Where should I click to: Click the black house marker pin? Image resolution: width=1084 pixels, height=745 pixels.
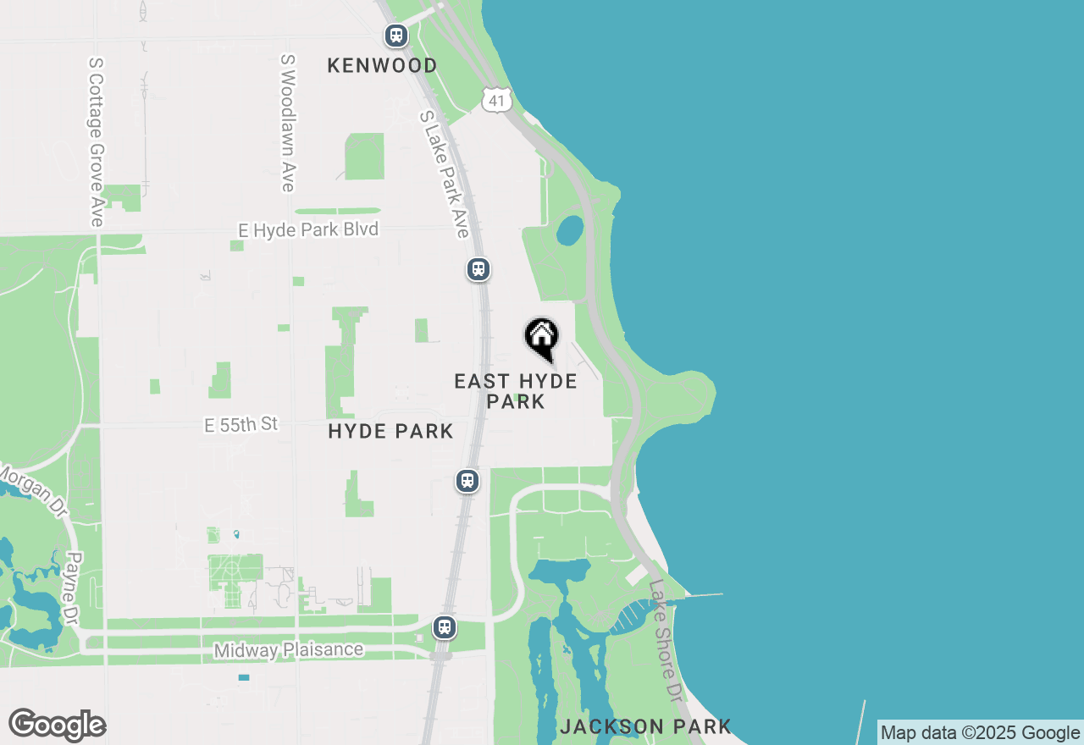pyautogui.click(x=542, y=339)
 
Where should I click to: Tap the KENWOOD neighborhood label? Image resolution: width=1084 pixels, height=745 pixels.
pyautogui.click(x=383, y=66)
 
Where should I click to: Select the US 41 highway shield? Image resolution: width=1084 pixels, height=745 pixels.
pyautogui.click(x=497, y=100)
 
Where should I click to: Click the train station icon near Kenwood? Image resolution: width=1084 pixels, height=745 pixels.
pyautogui.click(x=396, y=36)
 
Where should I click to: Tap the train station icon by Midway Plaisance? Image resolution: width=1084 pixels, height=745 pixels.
pyautogui.click(x=445, y=627)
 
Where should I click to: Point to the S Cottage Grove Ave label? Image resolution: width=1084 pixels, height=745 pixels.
pyautogui.click(x=96, y=141)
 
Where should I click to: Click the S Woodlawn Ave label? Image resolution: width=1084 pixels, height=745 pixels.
pyautogui.click(x=288, y=124)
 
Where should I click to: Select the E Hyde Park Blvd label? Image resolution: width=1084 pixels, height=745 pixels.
pyautogui.click(x=308, y=229)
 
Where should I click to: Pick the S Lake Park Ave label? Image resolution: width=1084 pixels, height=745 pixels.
pyautogui.click(x=445, y=174)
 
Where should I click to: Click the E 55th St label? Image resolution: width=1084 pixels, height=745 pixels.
pyautogui.click(x=241, y=424)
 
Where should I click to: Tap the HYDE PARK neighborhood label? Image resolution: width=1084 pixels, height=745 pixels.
pyautogui.click(x=390, y=432)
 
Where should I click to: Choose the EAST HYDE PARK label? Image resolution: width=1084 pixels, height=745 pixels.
pyautogui.click(x=516, y=391)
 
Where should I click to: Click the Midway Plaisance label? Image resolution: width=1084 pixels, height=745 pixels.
pyautogui.click(x=288, y=650)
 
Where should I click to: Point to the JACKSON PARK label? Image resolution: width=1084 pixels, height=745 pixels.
pyautogui.click(x=645, y=726)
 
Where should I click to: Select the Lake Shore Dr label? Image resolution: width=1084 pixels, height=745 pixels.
pyautogui.click(x=666, y=640)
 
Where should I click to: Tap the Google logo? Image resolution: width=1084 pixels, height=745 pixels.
pyautogui.click(x=57, y=725)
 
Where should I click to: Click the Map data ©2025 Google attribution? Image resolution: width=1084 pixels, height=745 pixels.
pyautogui.click(x=980, y=732)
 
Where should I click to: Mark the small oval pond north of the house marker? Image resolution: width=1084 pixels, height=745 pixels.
pyautogui.click(x=570, y=229)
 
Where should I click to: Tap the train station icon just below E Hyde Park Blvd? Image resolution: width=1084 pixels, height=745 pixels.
pyautogui.click(x=478, y=269)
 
